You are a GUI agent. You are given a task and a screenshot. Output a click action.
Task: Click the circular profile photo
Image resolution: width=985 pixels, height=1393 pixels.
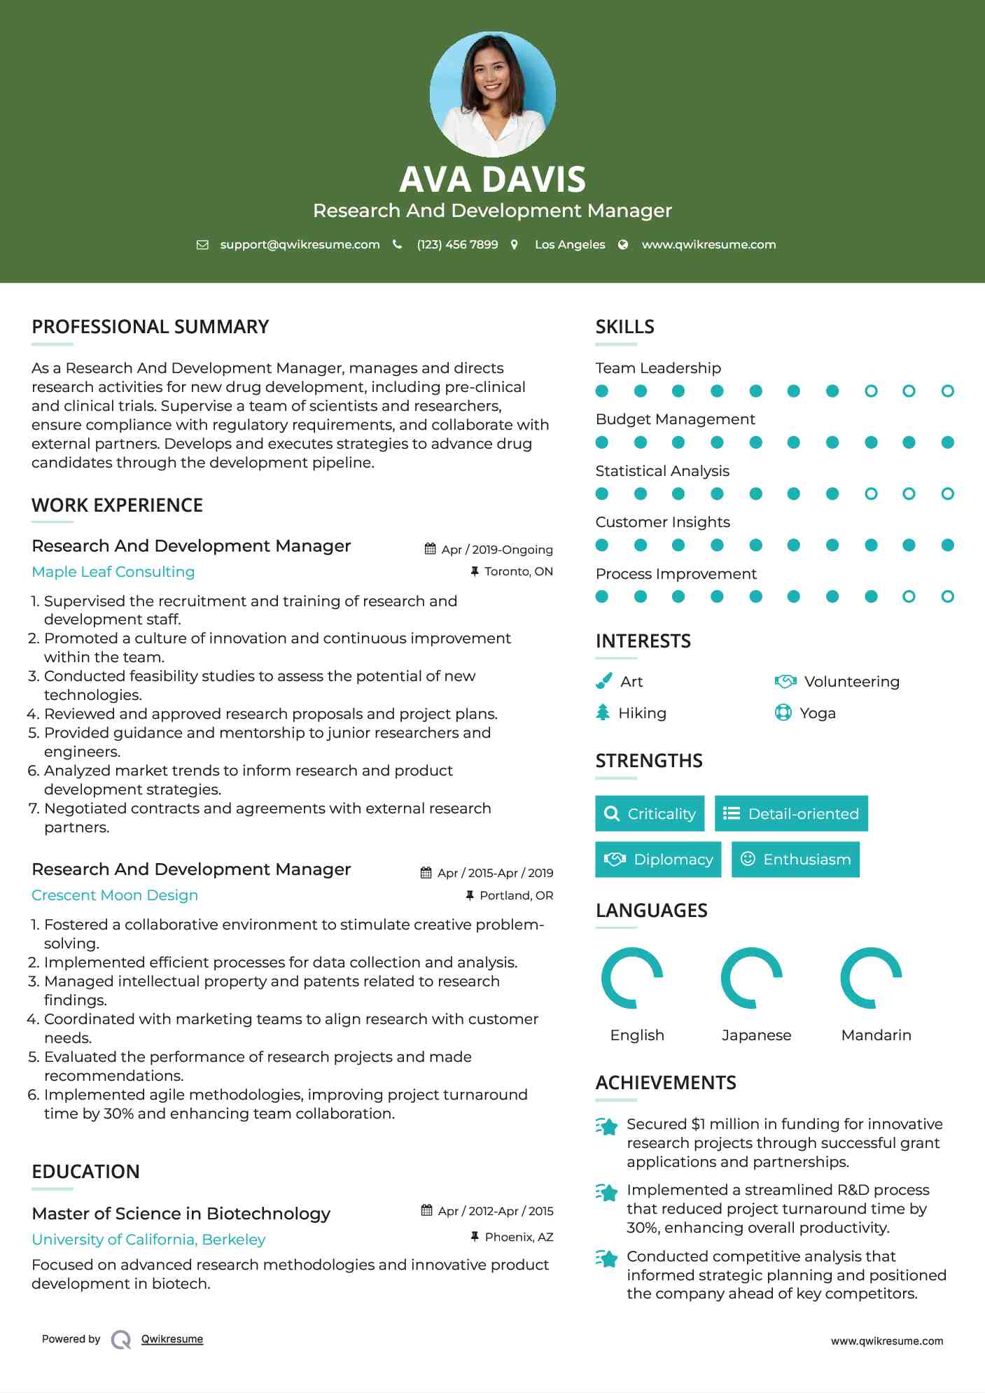(492, 94)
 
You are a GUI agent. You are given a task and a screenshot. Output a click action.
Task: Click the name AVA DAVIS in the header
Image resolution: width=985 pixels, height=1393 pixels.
(492, 179)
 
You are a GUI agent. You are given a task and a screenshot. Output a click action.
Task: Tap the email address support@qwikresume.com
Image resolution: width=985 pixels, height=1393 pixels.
(300, 244)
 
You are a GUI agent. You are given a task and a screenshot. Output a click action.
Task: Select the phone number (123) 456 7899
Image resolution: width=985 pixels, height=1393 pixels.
(457, 244)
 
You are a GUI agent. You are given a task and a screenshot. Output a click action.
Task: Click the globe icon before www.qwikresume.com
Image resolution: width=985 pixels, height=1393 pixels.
(623, 244)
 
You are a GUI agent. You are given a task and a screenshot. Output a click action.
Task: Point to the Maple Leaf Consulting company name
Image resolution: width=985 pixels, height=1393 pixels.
(113, 572)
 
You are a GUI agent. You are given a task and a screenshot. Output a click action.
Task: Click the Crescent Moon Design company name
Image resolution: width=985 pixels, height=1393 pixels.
(115, 895)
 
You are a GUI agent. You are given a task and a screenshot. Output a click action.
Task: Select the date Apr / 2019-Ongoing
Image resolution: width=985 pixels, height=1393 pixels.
(497, 549)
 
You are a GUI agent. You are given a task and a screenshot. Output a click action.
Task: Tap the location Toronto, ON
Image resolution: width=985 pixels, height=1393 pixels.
(518, 571)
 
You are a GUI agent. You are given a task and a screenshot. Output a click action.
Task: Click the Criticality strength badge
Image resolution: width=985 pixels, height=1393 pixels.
(650, 813)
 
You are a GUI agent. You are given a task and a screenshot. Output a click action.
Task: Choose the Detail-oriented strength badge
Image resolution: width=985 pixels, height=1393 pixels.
(791, 813)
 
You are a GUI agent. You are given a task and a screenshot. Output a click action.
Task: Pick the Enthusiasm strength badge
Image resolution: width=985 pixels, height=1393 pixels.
(795, 859)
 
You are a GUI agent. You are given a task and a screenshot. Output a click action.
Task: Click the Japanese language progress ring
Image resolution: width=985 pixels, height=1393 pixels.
(752, 978)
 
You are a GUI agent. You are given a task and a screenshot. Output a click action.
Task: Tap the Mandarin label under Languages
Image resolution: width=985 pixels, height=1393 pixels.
(876, 1035)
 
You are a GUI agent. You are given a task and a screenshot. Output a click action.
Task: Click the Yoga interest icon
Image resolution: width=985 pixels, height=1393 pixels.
(783, 713)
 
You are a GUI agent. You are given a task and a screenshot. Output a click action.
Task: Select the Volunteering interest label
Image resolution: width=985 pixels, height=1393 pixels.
(851, 681)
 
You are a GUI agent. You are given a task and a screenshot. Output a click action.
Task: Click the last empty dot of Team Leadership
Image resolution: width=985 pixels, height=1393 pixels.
(947, 391)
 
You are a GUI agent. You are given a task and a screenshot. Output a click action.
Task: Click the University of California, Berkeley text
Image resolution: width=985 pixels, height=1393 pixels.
(148, 1239)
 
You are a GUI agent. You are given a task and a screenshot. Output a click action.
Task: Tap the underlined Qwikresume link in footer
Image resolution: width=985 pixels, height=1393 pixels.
(172, 1339)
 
